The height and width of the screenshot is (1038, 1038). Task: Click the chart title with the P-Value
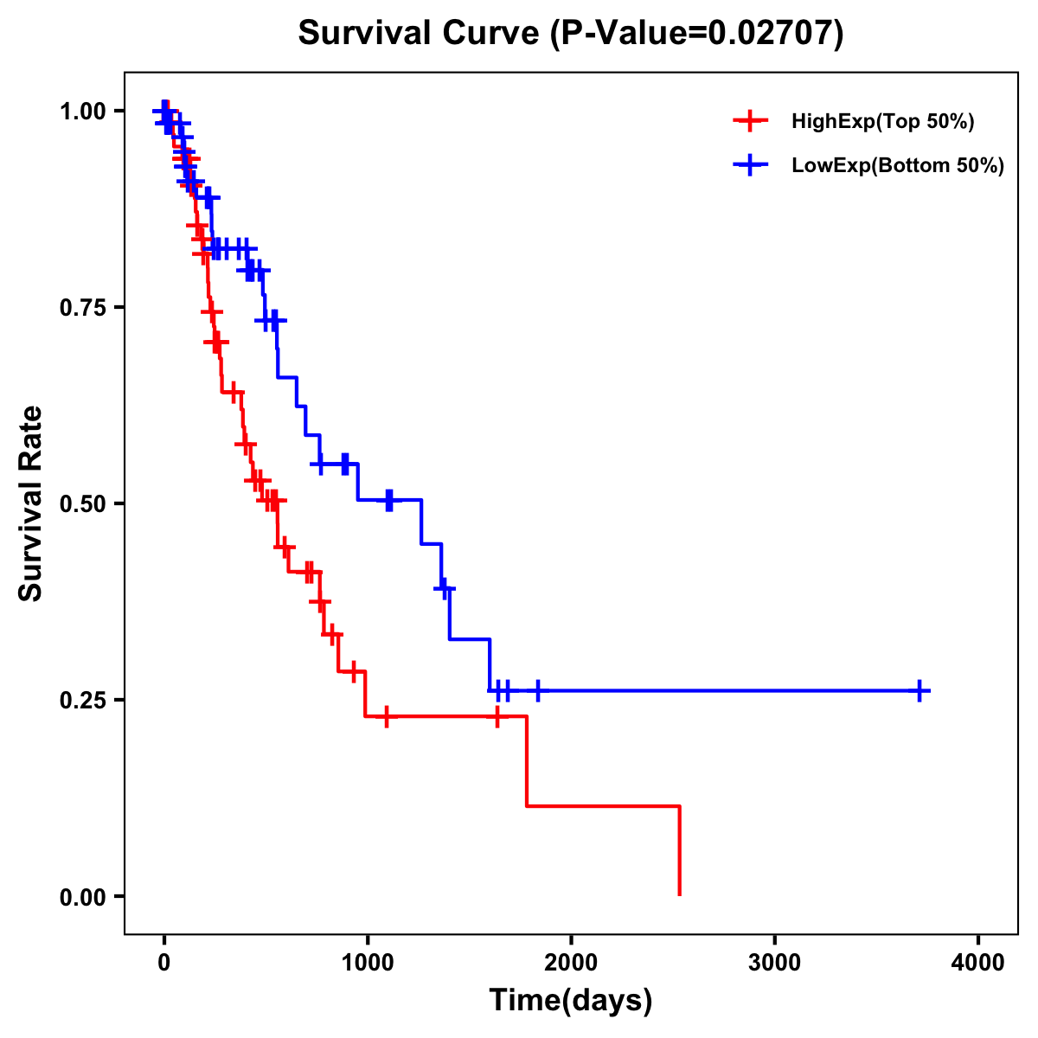point(571,34)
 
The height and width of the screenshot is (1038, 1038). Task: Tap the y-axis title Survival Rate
point(31,503)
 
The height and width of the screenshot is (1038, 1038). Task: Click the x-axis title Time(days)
point(571,1000)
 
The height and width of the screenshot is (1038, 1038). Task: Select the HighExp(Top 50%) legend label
point(883,122)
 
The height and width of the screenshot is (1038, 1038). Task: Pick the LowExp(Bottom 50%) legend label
point(898,165)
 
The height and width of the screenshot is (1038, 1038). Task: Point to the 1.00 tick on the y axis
point(86,112)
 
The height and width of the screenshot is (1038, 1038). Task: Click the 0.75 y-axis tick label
point(86,308)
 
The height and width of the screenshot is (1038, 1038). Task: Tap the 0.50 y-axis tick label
point(86,503)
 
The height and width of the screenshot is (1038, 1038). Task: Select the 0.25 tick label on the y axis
point(86,700)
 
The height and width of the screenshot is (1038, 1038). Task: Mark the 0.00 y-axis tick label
point(86,896)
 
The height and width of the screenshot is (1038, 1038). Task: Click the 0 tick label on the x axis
point(163,963)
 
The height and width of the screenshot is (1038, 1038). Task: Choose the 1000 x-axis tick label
point(368,963)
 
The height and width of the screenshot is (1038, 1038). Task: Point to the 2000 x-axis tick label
point(571,963)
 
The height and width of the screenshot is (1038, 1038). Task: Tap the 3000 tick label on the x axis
point(774,963)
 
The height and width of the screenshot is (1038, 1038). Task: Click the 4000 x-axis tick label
point(978,963)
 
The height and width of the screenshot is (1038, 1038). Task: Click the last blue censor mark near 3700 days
point(919,690)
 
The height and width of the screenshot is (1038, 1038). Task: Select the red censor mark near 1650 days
point(497,716)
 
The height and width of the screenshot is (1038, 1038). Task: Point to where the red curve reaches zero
point(680,894)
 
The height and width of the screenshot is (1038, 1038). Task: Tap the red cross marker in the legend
point(751,121)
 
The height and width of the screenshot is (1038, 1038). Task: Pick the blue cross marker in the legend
point(751,165)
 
